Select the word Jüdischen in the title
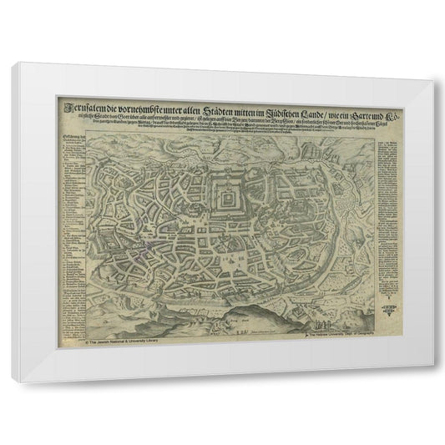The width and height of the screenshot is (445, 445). point(275,104)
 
